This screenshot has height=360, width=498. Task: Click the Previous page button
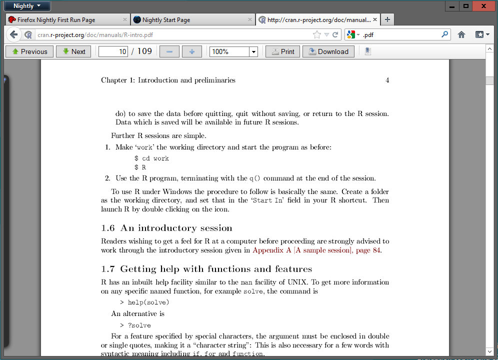[x=29, y=51]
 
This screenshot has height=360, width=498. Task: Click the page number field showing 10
[x=113, y=51]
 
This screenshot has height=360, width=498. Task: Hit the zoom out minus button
[x=169, y=51]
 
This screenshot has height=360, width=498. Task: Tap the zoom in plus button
[x=191, y=51]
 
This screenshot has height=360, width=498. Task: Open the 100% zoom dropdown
[x=253, y=51]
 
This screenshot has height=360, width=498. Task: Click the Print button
[x=282, y=51]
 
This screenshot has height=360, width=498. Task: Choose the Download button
[x=328, y=51]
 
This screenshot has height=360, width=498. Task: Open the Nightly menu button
[x=27, y=6]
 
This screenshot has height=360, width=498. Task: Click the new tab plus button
[x=387, y=19]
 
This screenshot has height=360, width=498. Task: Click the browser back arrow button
[x=13, y=35]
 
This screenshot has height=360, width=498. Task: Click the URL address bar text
[x=95, y=35]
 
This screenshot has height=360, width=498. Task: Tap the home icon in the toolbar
[x=461, y=35]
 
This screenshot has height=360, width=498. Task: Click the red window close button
[x=483, y=6]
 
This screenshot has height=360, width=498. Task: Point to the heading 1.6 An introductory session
[x=166, y=228]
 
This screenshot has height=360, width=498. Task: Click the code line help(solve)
[x=148, y=302]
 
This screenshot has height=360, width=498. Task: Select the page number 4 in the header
[x=387, y=80]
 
